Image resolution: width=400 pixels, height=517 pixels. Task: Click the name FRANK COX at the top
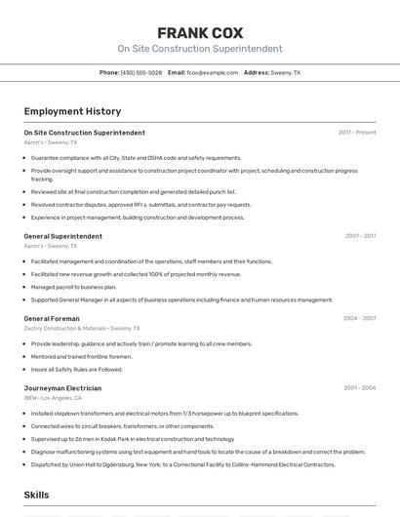(200, 32)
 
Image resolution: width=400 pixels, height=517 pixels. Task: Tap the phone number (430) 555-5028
(141, 72)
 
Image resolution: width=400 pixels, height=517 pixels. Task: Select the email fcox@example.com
(212, 72)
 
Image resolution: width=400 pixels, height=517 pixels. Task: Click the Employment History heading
(72, 112)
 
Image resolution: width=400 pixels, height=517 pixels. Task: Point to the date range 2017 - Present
(357, 132)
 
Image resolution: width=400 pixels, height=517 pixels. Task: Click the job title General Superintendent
(62, 236)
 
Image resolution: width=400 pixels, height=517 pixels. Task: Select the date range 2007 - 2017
(360, 236)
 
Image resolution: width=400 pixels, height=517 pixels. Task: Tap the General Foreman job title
(52, 319)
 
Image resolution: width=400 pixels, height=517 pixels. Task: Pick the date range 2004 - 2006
(359, 319)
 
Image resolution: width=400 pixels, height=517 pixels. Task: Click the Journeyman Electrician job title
(62, 388)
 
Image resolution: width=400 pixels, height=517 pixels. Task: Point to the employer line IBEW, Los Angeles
(54, 398)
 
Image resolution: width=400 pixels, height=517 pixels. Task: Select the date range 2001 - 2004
(359, 388)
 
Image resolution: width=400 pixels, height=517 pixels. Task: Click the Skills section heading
(36, 495)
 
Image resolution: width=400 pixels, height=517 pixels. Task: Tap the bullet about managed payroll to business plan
(73, 288)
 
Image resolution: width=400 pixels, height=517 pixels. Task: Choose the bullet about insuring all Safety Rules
(76, 370)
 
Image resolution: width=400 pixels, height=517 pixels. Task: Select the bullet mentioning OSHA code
(136, 158)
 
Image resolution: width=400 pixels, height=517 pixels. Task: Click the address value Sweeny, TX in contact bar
(285, 72)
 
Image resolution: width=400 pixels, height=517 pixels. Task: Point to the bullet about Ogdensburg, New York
(182, 464)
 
